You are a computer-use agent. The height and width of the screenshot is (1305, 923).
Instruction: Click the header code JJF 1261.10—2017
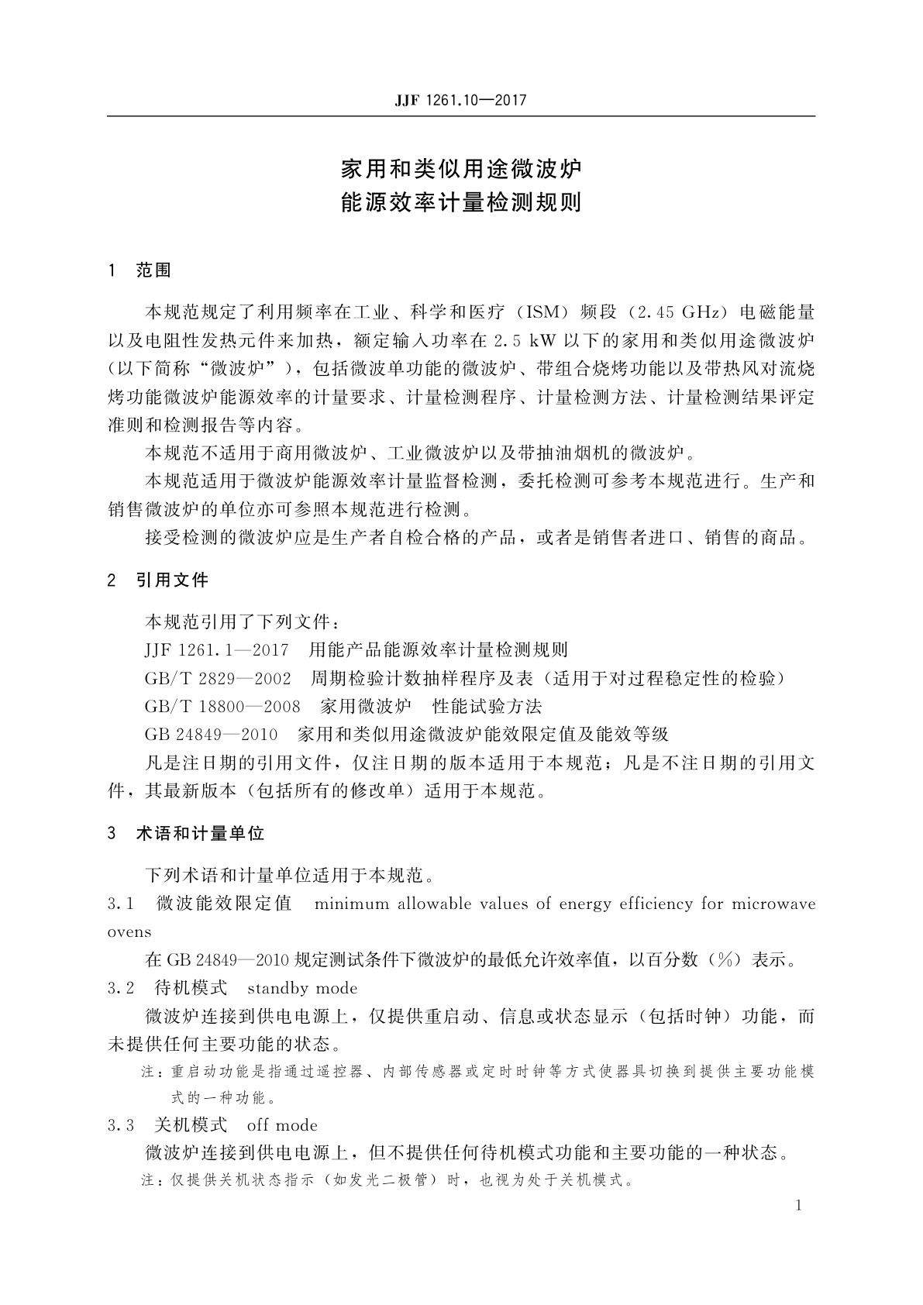point(460,101)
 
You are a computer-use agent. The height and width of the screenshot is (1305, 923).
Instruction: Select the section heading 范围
point(153,270)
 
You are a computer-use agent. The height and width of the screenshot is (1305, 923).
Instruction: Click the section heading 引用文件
point(172,580)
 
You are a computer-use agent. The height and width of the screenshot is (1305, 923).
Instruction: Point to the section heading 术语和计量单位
point(200,834)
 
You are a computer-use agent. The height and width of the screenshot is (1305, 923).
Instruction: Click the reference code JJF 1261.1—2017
point(216,649)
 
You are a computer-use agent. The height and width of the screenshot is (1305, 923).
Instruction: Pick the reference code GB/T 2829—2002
point(218,678)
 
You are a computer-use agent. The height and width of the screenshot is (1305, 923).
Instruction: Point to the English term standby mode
point(302,988)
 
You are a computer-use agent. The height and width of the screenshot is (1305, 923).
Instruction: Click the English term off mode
point(282,1124)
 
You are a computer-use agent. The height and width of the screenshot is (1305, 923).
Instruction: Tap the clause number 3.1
point(122,904)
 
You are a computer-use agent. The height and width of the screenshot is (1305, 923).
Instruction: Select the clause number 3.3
point(122,1124)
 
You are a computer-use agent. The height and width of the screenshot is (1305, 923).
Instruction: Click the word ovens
point(129,931)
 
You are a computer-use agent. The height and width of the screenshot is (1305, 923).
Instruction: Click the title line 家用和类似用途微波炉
point(461,168)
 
